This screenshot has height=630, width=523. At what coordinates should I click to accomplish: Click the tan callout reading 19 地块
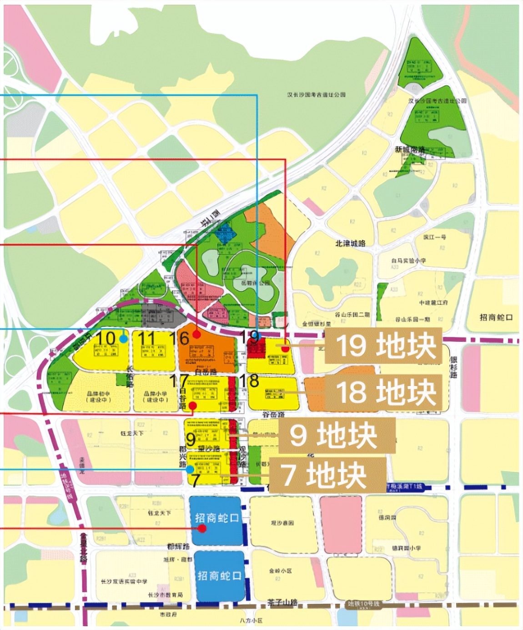point(383,345)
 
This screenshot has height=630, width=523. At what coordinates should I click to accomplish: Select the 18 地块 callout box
point(383,392)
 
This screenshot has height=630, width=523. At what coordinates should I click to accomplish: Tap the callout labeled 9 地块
point(337,436)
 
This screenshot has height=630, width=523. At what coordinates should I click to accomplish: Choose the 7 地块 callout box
point(327,475)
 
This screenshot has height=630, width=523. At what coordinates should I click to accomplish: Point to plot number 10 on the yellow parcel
point(106,338)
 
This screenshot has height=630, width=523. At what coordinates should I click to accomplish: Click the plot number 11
point(147,338)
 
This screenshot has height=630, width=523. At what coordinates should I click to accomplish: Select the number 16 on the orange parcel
point(178,338)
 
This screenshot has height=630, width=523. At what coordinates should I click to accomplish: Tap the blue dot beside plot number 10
point(123,339)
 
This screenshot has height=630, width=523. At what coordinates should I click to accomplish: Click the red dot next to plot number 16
point(196,334)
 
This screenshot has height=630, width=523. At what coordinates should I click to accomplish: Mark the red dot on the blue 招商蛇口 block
point(202,528)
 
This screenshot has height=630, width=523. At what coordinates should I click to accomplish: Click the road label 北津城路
point(350,243)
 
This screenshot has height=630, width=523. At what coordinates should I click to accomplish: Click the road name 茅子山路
point(282,602)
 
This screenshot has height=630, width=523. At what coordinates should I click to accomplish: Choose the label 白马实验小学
point(408,261)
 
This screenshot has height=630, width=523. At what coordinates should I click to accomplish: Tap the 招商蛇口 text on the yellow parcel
point(496,317)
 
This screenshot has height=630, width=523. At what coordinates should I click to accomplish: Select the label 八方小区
point(251,620)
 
